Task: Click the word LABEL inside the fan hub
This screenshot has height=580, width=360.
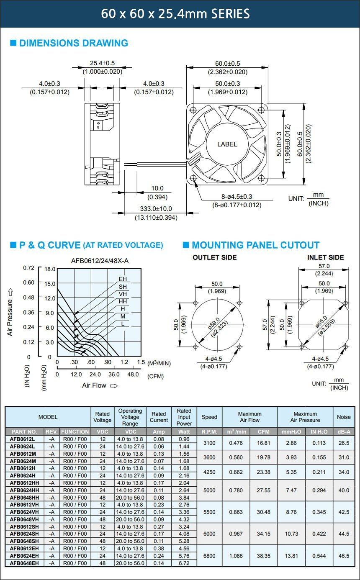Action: click(x=227, y=144)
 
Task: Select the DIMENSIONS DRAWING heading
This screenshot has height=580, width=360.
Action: click(x=74, y=43)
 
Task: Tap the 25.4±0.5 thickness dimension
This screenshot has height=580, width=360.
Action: click(x=102, y=63)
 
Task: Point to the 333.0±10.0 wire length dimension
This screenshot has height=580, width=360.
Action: click(x=156, y=209)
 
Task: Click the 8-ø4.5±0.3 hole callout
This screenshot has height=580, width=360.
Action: click(x=237, y=197)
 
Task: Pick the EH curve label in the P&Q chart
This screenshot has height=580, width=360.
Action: click(x=123, y=279)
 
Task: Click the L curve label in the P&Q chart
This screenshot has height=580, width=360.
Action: click(x=123, y=323)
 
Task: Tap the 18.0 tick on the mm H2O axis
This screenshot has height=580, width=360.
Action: click(x=50, y=269)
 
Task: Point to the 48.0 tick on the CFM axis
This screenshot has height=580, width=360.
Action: click(x=133, y=375)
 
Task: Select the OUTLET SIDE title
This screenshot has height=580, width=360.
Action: click(x=215, y=257)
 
